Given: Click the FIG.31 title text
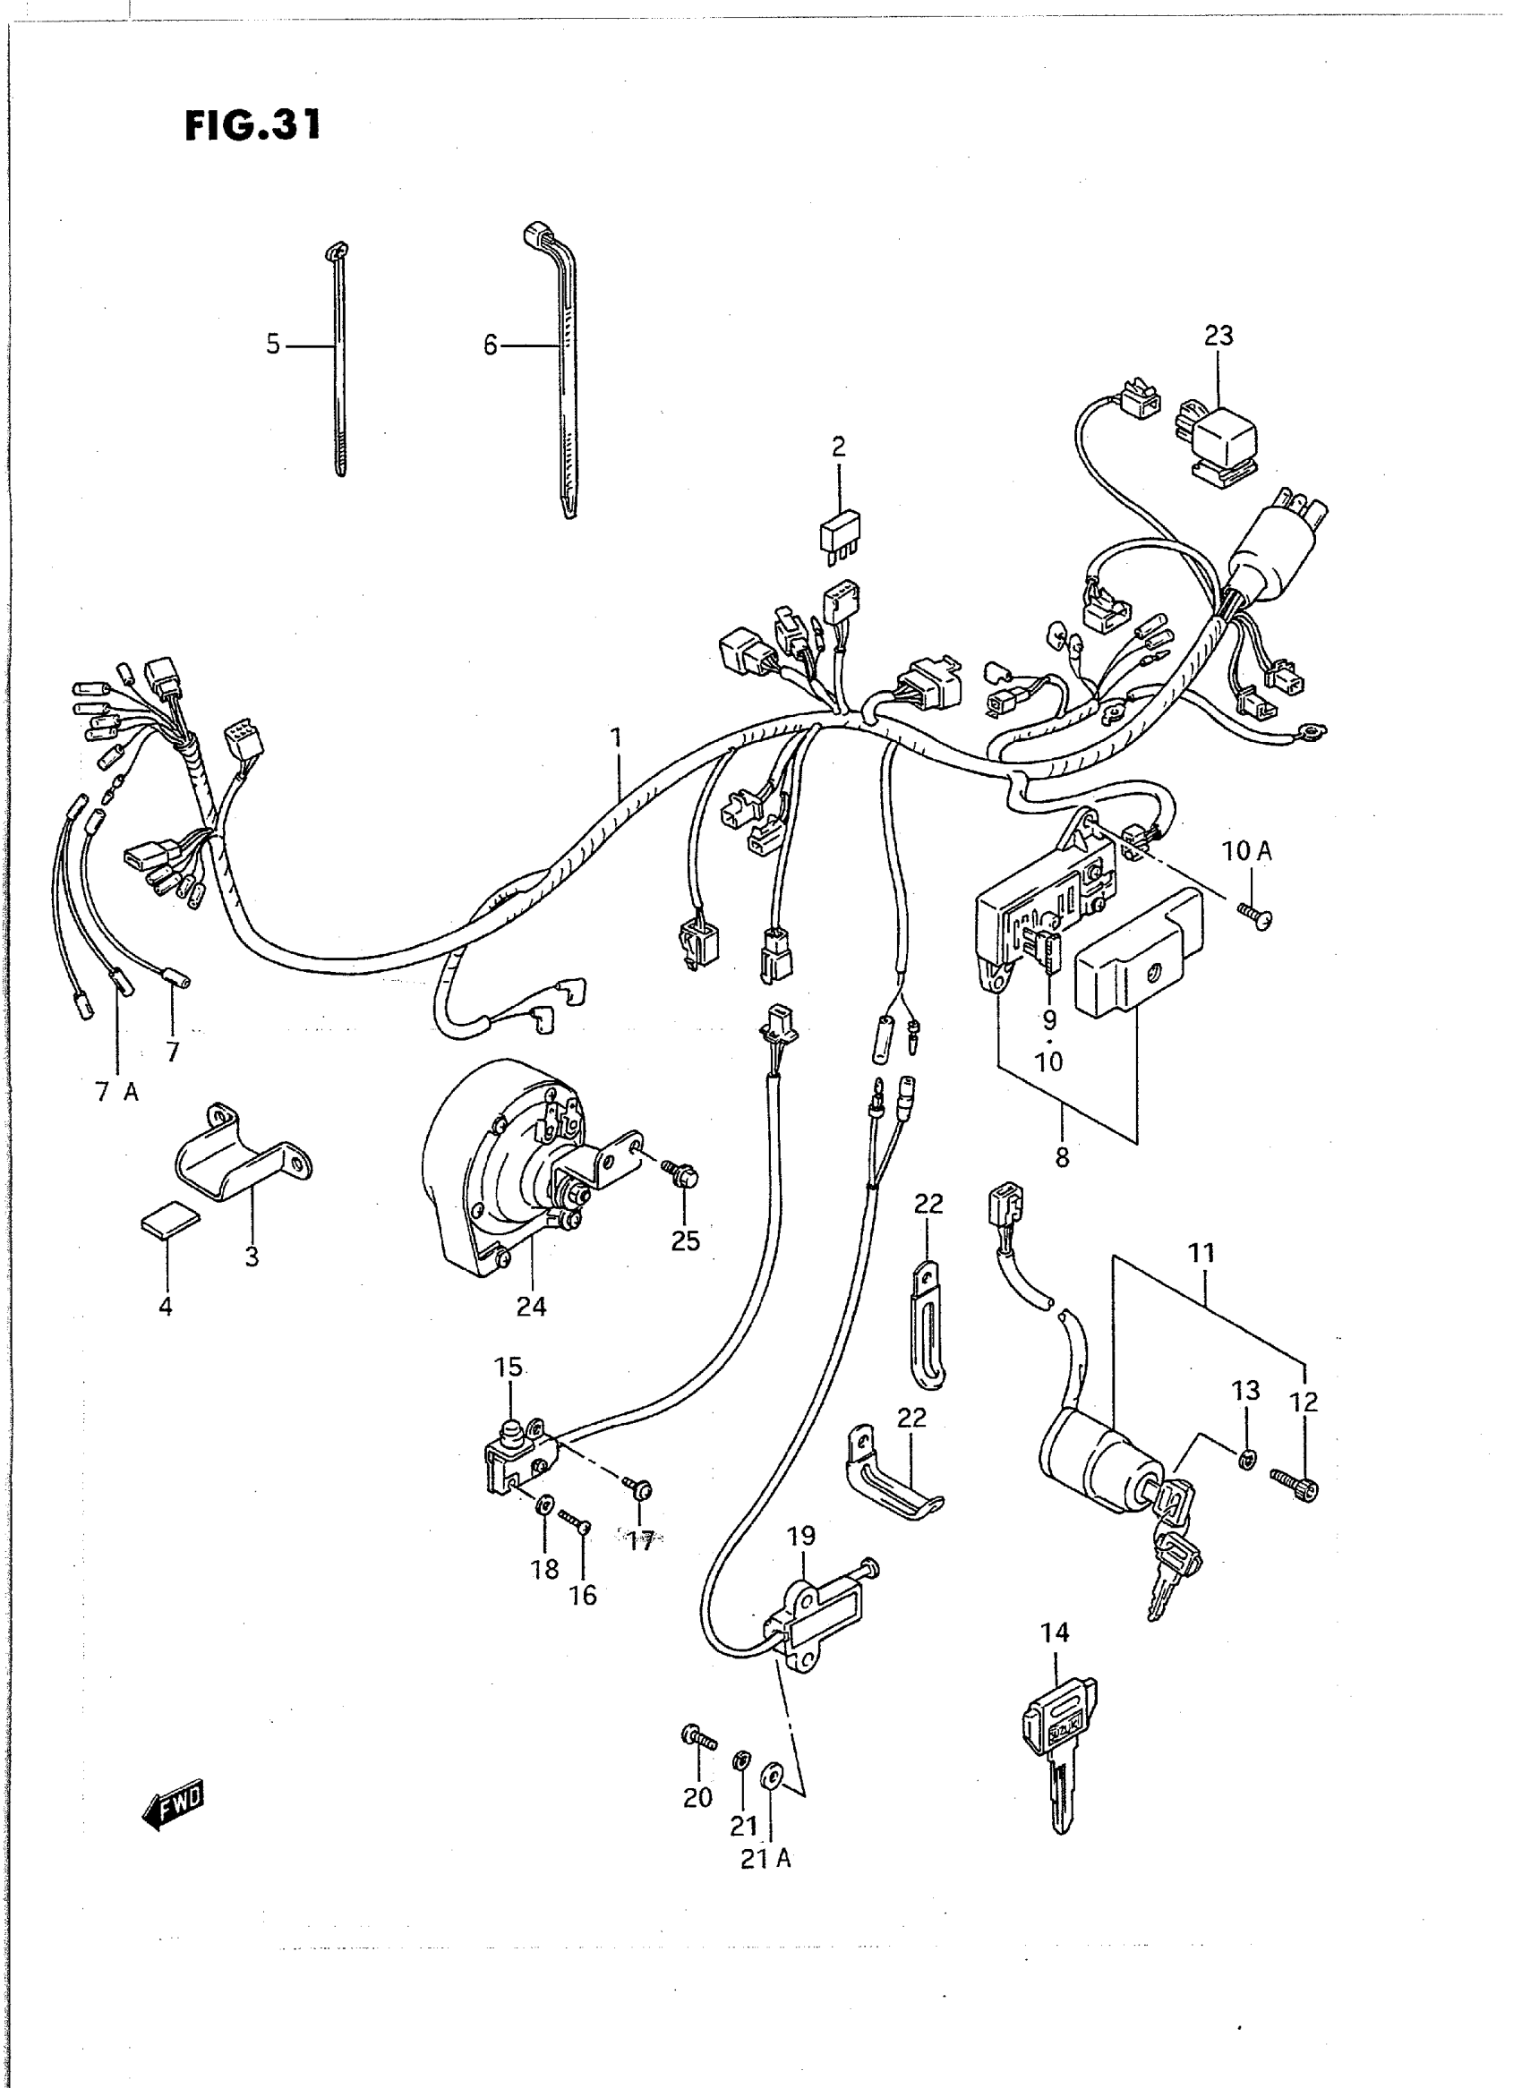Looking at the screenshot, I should pos(252,125).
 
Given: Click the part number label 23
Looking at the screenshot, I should pos(1218,337).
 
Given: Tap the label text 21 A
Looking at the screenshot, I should pos(765,1859).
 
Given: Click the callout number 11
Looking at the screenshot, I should pos(1201,1254).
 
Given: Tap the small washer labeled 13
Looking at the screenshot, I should pos(1246,1458).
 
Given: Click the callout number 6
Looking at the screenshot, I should pos(490,345).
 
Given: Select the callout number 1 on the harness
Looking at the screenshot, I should pos(615,737).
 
